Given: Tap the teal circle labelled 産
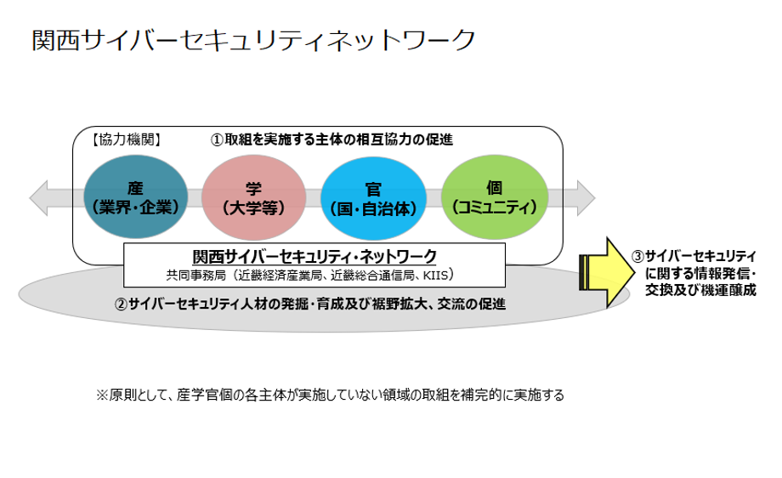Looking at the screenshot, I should point(136,197).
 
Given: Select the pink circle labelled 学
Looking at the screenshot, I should point(253,197).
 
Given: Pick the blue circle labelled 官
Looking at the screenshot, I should point(371,197).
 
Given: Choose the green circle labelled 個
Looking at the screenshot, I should point(491,197).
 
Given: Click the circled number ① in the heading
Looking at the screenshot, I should point(218,139).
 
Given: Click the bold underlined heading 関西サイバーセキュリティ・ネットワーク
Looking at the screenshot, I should point(314,256).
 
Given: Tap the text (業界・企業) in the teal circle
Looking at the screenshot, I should point(136,207).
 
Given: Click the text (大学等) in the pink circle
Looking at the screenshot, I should point(253,207).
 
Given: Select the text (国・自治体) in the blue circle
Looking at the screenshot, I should point(371,207).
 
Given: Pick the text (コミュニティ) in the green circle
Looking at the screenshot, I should point(491,206).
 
